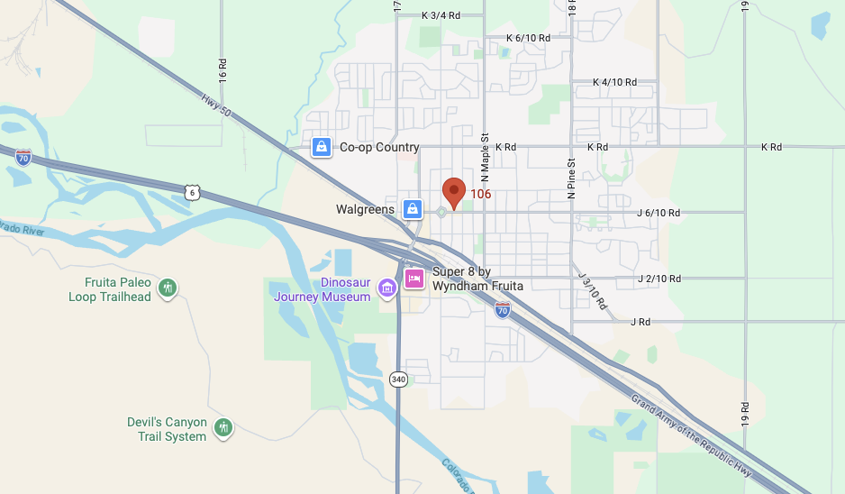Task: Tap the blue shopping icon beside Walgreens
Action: (x=412, y=209)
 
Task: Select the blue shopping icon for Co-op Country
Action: (x=320, y=147)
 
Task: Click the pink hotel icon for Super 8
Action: (x=414, y=279)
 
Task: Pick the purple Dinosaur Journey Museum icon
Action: (x=387, y=288)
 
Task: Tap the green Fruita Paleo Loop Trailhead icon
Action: (x=167, y=288)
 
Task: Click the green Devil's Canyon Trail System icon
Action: (x=223, y=427)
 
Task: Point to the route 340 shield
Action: (x=398, y=380)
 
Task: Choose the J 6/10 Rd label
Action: (x=659, y=214)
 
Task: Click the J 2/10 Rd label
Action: (x=659, y=279)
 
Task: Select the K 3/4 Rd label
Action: (x=441, y=15)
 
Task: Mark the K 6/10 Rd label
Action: (x=528, y=38)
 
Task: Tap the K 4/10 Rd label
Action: (x=614, y=82)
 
